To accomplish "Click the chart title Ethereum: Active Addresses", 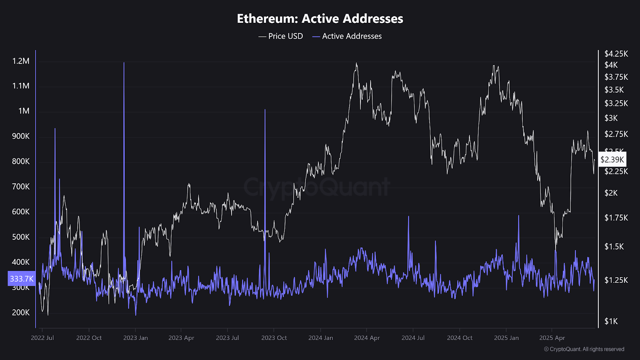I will pos(320,19).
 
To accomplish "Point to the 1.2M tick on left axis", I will pos(21,61).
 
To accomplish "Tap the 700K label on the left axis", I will pos(21,187).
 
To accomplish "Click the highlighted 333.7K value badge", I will pos(22,279).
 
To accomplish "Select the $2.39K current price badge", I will pos(612,160).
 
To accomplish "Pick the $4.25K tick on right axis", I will pos(616,54).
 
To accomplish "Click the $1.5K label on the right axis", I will pos(614,246).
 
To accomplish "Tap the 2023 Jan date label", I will pos(136,338).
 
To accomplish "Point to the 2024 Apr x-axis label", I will pos(367,338).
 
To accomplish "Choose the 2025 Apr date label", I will pos(552,338).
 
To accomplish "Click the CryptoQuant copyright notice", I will pos(584,349).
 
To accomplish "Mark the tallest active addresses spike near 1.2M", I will pos(124,63).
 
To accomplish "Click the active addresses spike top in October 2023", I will pos(265,110).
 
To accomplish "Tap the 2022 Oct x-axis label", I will pos(89,338).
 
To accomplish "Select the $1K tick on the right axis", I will pos(611,321).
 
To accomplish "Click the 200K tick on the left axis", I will pos(21,313).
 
